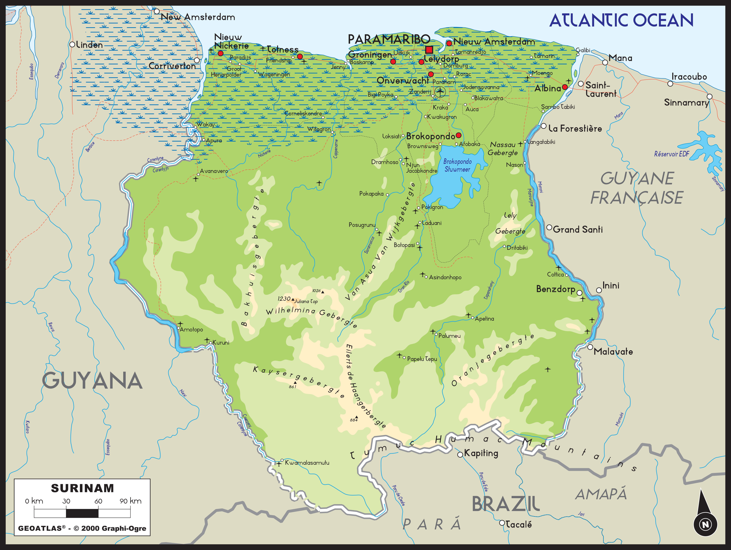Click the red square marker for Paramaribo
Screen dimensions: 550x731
tap(429, 50)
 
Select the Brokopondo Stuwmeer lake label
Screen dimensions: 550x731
tap(457, 165)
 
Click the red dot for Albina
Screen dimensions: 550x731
tap(565, 87)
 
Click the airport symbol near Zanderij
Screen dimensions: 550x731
tap(440, 92)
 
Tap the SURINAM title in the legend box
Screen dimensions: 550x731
tap(82, 488)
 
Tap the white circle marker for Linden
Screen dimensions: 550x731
tap(72, 44)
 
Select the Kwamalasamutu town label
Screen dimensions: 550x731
tap(307, 463)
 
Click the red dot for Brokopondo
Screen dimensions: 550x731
tap(458, 135)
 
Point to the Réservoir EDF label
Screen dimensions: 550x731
tap(672, 154)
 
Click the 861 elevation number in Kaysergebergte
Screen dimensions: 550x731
tap(292, 387)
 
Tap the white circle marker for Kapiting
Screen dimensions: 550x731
tap(460, 455)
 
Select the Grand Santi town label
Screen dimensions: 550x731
tap(578, 230)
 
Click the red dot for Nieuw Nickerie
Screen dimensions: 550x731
tap(220, 53)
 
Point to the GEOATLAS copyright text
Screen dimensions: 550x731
tap(82, 528)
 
